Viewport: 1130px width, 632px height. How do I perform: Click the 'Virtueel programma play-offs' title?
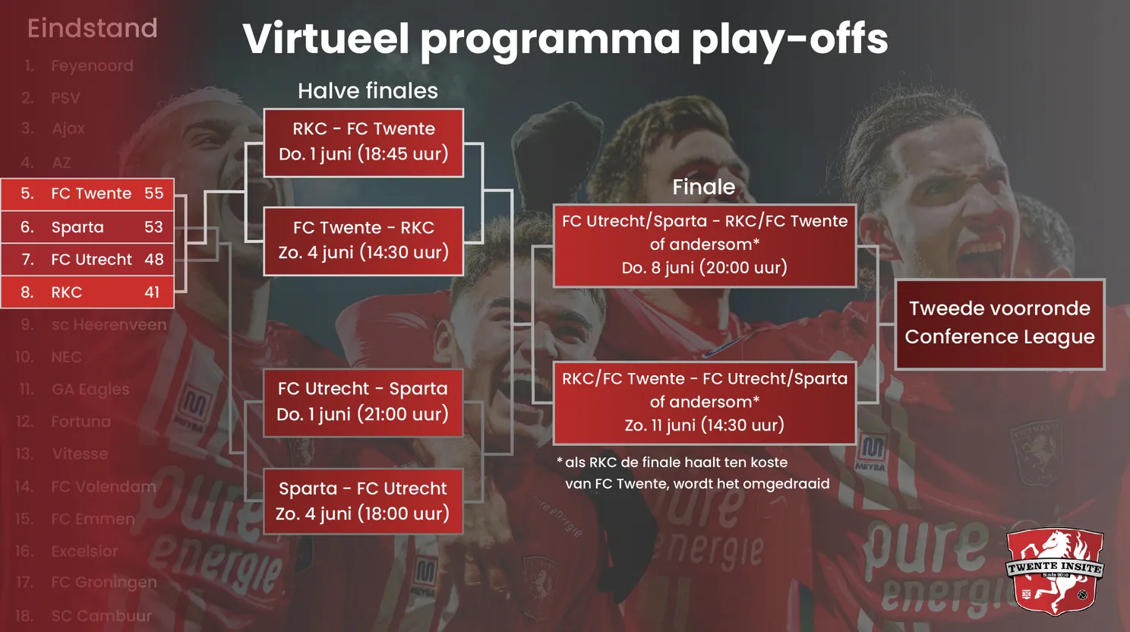(x=565, y=39)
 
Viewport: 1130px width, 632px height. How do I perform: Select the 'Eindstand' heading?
(x=92, y=29)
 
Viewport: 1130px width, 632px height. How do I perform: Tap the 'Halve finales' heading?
(x=368, y=91)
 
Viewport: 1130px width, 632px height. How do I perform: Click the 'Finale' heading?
(x=703, y=187)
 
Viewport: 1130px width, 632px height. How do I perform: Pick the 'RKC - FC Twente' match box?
(x=363, y=142)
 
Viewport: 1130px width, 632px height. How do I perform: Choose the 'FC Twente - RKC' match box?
(x=363, y=240)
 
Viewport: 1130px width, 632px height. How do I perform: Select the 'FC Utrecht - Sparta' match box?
(x=362, y=402)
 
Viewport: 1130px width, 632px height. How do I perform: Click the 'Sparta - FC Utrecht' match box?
(x=362, y=501)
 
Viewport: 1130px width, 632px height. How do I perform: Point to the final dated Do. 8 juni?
(x=704, y=245)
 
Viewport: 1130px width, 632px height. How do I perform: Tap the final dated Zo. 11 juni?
(x=704, y=402)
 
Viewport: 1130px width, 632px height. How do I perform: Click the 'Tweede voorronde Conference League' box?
(x=999, y=324)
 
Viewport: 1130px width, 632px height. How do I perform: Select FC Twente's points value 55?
(x=153, y=194)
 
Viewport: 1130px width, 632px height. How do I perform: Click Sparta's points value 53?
(x=153, y=227)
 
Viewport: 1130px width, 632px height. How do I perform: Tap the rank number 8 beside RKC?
(x=27, y=292)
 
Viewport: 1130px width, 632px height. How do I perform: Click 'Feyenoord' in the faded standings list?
(x=92, y=66)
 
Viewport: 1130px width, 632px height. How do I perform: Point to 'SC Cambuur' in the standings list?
(x=101, y=615)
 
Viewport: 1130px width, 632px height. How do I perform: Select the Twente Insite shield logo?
(x=1054, y=571)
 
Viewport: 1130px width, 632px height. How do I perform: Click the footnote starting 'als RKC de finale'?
(x=693, y=473)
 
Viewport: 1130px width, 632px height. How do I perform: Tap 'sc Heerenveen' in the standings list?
(x=109, y=325)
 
